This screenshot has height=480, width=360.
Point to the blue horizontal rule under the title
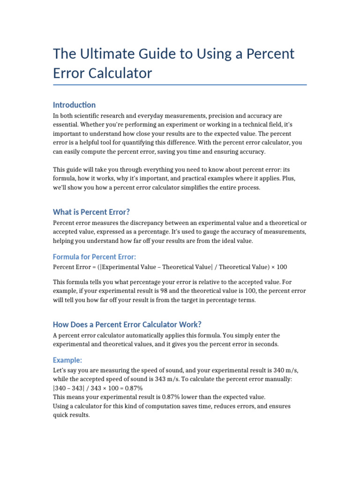(x=180, y=85)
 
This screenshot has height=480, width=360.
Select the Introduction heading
(x=74, y=105)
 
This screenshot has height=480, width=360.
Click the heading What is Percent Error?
(x=91, y=212)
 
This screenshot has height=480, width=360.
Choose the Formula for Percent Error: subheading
(x=94, y=256)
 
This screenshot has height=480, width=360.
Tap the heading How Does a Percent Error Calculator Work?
(x=127, y=324)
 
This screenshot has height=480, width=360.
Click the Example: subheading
(x=67, y=360)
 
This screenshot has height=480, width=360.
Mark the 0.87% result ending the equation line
(x=134, y=388)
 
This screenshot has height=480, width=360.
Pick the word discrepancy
(x=136, y=223)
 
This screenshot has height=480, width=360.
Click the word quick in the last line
(x=61, y=415)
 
